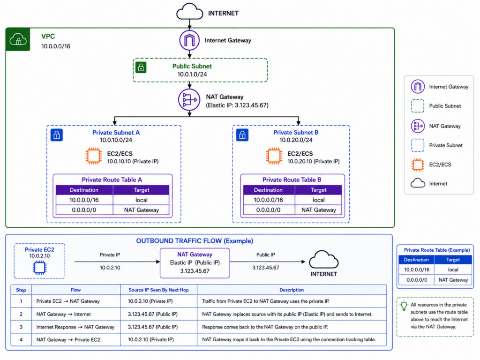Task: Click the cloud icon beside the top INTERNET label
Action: (x=189, y=12)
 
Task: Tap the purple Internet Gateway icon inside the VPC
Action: (x=189, y=40)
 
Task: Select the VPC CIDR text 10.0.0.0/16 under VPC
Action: (x=56, y=46)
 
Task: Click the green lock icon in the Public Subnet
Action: (x=141, y=67)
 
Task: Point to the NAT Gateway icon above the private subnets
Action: (x=189, y=100)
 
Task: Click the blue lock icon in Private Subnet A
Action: (x=57, y=135)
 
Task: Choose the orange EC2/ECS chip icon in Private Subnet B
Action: (x=274, y=156)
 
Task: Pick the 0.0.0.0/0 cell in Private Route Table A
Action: (x=84, y=210)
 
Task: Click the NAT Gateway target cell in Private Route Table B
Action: (x=318, y=210)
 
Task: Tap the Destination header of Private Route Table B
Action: (x=268, y=190)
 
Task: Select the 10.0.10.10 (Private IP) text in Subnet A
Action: (x=133, y=161)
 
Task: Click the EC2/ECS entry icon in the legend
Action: (x=418, y=165)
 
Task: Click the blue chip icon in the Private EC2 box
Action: (x=39, y=268)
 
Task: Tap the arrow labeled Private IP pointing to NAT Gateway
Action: (x=117, y=262)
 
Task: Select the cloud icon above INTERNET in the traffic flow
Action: (x=323, y=260)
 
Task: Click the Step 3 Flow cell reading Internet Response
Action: (x=75, y=327)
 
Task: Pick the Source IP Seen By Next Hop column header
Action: (x=158, y=290)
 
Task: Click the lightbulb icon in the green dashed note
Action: (x=404, y=306)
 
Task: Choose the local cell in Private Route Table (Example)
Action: (x=453, y=270)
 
